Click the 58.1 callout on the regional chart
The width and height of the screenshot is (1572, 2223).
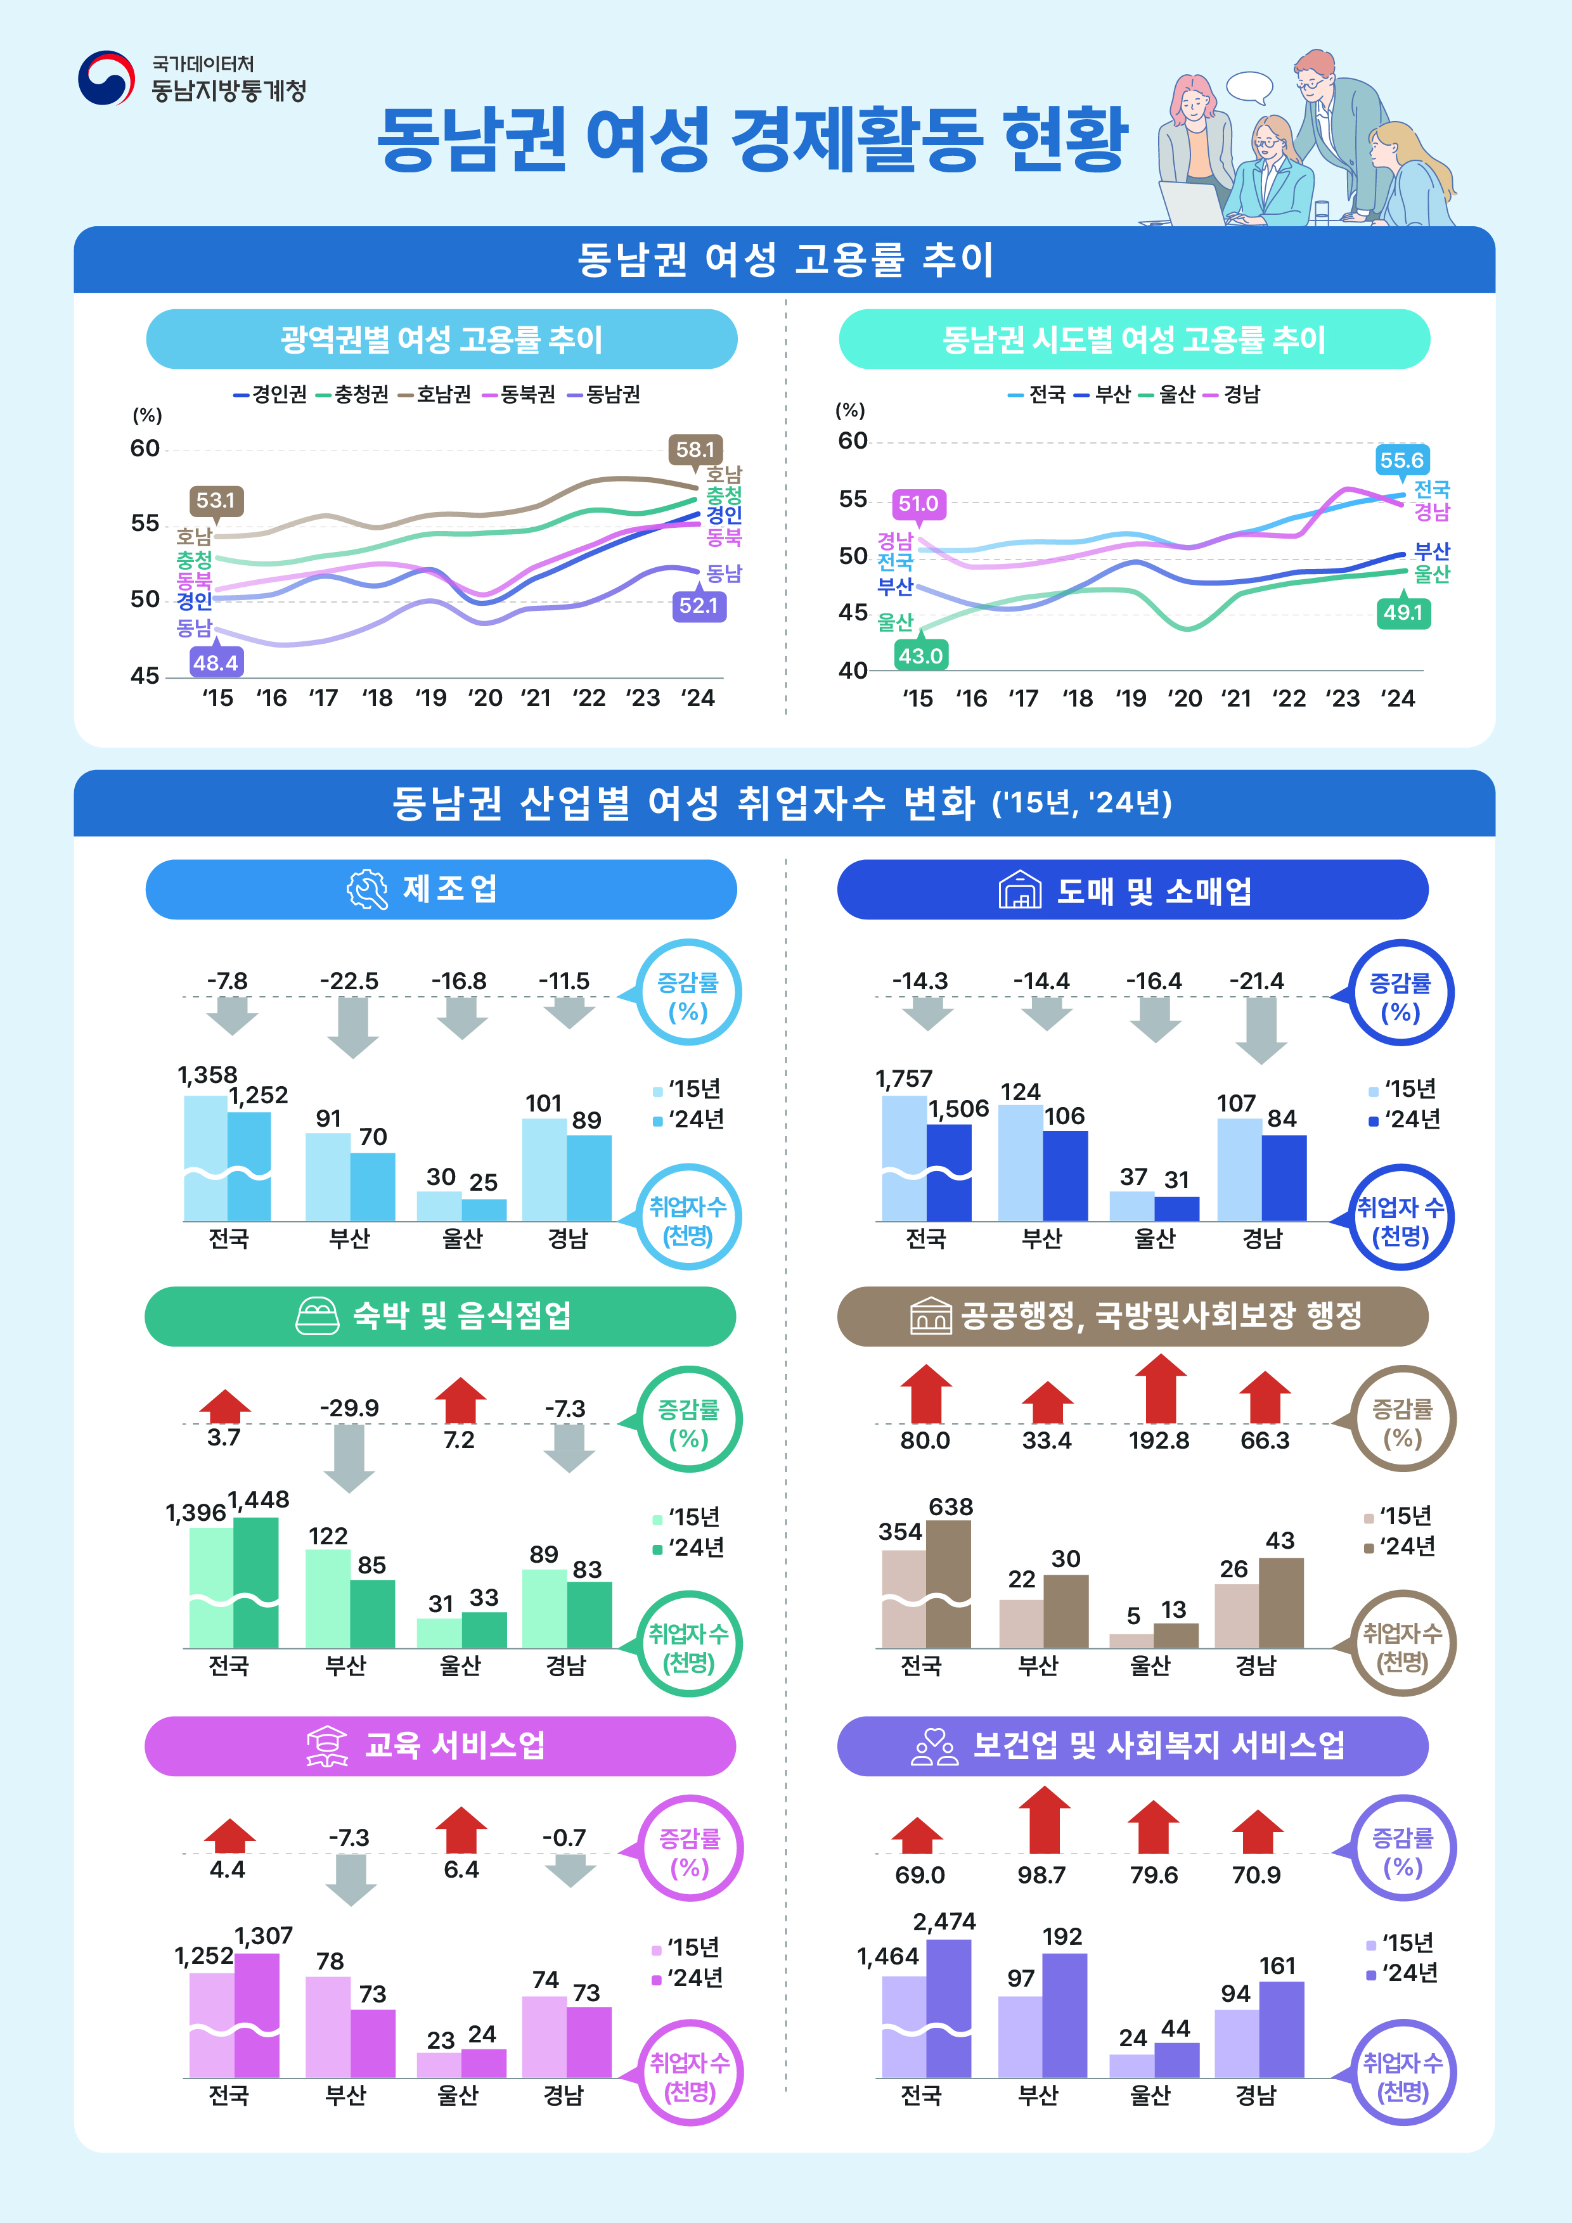pos(695,449)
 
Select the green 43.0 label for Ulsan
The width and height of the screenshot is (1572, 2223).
pos(920,655)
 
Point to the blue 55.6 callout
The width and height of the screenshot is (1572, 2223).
pos(1401,460)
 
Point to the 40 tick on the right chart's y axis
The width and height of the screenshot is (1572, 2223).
pos(853,670)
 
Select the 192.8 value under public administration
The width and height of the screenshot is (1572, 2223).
pos(1159,1440)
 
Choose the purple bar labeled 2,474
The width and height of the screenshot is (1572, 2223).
pos(949,2009)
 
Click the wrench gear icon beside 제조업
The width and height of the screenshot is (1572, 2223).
pos(367,889)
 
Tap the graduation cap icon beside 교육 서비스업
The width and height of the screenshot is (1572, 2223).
pos(327,1746)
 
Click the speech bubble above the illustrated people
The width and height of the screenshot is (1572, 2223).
pos(1249,86)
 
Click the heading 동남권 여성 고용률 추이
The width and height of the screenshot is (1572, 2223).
pos(785,259)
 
